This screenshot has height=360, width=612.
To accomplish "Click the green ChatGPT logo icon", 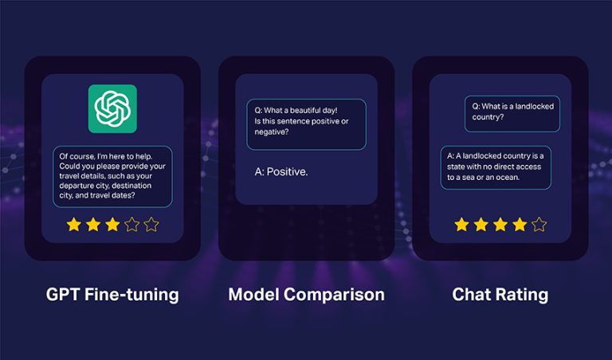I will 112,108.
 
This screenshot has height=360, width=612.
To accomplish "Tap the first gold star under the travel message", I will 74,225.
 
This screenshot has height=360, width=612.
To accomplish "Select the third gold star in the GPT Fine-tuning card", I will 112,225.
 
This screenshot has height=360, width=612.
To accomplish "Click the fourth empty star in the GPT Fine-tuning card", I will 131,225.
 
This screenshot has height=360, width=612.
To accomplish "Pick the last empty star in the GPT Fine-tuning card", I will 151,225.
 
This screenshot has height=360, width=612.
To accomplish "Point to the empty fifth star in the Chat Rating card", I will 539,225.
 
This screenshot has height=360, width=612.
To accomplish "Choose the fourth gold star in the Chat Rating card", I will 520,225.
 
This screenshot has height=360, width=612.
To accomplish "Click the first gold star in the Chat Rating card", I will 461,225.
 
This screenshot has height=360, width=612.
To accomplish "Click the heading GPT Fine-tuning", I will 112,295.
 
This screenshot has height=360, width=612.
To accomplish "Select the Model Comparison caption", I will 306,295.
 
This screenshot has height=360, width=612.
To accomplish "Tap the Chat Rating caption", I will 500,295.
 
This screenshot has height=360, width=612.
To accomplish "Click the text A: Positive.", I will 281,171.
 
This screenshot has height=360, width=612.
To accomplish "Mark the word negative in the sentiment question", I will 271,132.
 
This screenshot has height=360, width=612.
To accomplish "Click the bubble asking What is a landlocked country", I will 512,112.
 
